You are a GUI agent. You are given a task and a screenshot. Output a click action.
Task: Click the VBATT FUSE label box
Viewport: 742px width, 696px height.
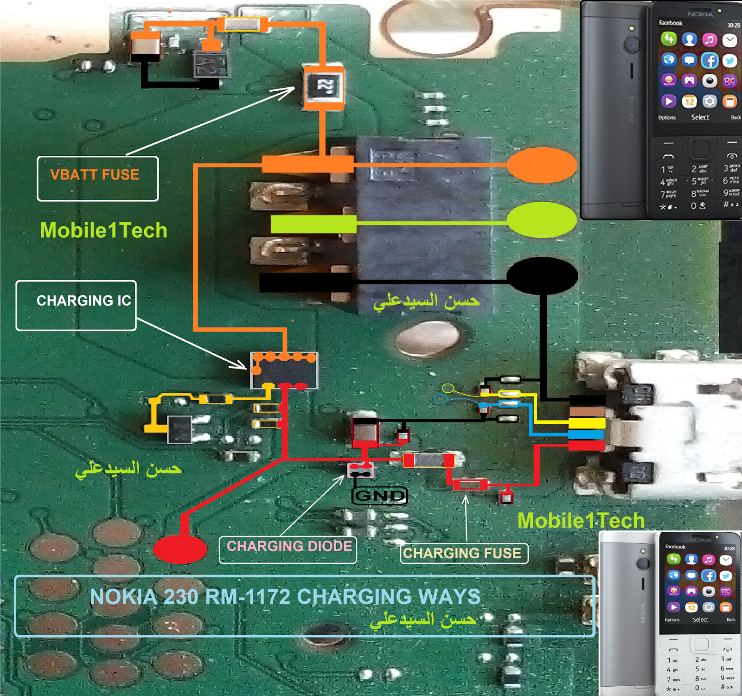point(97,179)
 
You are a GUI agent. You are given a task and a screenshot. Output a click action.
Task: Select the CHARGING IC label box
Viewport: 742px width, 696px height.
point(76,305)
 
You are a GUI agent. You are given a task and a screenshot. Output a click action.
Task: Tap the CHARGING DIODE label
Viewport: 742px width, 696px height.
point(288,549)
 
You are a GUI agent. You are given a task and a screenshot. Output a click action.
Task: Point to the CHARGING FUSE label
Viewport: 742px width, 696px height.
point(464,553)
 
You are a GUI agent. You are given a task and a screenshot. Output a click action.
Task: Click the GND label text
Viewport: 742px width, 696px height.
point(380,496)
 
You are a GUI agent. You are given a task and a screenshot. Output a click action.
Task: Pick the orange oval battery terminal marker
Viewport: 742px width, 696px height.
point(542,165)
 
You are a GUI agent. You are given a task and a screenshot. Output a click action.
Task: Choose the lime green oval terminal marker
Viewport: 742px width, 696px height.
point(542,220)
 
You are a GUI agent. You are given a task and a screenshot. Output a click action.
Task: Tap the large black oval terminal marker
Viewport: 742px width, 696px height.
point(542,276)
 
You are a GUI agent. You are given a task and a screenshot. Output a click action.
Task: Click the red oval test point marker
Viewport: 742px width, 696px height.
point(180,549)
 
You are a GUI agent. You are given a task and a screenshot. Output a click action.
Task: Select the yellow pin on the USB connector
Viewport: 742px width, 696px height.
point(587,423)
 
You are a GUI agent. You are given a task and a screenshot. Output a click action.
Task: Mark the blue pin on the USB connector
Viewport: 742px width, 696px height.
point(586,434)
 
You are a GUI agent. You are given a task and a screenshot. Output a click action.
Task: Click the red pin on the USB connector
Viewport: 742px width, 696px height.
point(587,446)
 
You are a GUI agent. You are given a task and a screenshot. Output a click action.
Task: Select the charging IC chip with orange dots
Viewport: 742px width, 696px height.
point(284,370)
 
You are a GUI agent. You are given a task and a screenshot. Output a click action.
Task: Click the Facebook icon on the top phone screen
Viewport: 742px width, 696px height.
point(710,60)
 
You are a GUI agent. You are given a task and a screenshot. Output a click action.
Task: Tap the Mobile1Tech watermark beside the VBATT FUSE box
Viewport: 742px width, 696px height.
point(103,230)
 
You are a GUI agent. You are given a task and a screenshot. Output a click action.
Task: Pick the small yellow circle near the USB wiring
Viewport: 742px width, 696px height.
point(448,388)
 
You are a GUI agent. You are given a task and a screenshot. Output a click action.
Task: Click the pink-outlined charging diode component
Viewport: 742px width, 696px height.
point(360,470)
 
